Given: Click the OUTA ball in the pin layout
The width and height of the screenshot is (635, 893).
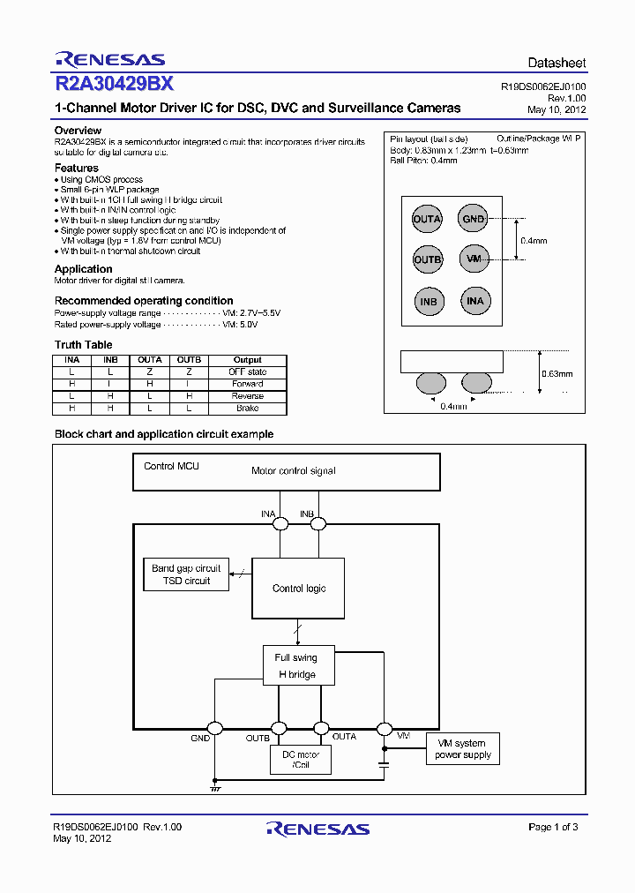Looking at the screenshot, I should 428,219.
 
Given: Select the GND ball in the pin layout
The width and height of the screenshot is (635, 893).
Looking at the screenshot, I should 474,219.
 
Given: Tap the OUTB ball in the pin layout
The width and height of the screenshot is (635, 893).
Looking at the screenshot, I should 428,259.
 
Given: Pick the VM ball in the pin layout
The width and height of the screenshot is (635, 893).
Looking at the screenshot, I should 474,259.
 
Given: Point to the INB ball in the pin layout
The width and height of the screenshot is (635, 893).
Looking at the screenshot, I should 429,301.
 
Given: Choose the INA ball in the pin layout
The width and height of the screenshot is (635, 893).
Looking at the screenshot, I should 474,301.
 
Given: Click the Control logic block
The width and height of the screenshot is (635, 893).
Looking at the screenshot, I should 299,588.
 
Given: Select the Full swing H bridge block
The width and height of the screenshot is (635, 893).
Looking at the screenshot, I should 295,665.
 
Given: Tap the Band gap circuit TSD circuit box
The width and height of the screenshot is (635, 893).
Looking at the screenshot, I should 186,574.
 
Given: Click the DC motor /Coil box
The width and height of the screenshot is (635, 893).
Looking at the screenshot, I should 300,760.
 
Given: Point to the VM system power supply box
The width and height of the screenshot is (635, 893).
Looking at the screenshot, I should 462,749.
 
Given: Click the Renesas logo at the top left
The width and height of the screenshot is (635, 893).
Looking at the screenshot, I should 109,59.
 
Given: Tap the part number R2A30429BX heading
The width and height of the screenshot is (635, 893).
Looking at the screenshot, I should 114,85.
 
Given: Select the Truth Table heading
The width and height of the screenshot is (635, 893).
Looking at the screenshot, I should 84,345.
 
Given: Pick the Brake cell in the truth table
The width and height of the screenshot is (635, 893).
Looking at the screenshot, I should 248,409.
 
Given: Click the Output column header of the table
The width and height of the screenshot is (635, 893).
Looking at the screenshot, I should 248,360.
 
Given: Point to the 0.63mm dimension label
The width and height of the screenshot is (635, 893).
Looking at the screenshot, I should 557,373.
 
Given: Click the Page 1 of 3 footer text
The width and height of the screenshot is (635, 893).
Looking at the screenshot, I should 553,827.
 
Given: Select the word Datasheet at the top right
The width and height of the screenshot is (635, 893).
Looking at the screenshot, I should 557,64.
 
